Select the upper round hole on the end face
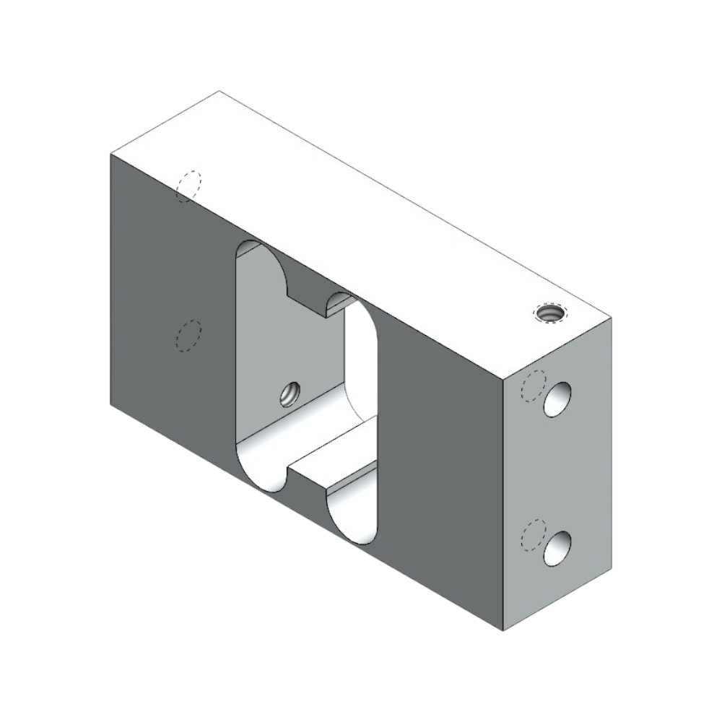click(557, 400)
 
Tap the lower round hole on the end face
click(557, 549)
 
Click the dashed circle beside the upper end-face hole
click(534, 386)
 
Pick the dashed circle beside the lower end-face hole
click(534, 535)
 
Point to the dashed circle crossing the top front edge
click(189, 186)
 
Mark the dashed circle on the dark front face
click(189, 336)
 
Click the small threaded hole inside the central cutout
click(290, 393)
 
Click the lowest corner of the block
click(503, 630)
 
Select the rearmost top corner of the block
click(219, 91)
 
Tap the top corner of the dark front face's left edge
click(110, 154)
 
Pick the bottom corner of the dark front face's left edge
click(110, 404)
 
